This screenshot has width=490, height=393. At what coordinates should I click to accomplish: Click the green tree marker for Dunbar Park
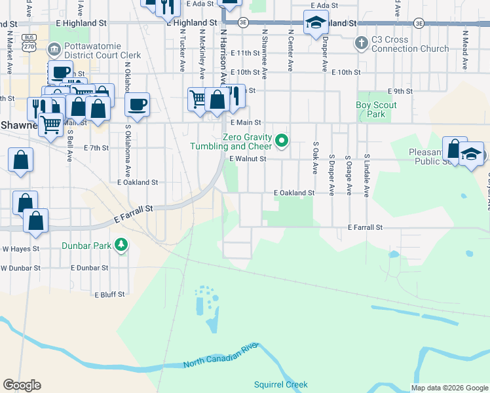click(x=121, y=245)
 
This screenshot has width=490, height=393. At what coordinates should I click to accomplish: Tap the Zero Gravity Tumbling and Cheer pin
click(x=282, y=140)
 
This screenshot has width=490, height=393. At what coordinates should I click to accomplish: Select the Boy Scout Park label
click(x=377, y=109)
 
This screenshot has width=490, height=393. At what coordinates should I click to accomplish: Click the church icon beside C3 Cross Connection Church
click(x=360, y=44)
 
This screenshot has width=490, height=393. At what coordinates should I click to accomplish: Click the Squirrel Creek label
click(x=280, y=384)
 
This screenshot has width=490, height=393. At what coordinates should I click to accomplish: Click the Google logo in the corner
click(x=22, y=385)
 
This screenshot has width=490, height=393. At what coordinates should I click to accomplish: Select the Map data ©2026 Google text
click(x=449, y=388)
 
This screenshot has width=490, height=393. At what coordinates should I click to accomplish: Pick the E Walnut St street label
click(x=248, y=159)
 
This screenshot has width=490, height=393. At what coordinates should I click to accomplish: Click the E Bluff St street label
click(x=109, y=295)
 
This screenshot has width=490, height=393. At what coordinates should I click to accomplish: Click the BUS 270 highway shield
click(x=29, y=43)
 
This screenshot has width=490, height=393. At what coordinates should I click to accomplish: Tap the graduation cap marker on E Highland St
click(x=316, y=24)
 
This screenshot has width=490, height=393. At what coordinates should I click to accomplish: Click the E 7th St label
click(x=96, y=148)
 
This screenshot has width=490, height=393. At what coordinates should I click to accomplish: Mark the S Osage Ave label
click(x=349, y=176)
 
